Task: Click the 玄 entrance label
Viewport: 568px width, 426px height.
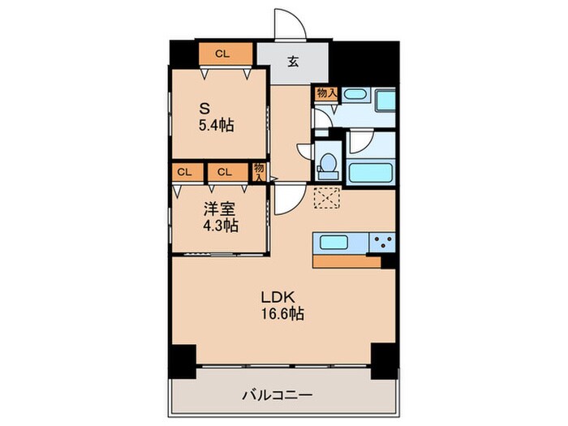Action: pos(291,60)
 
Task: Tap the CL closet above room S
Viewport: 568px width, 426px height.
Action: pos(222,54)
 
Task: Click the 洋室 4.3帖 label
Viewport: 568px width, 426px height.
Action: pos(220,217)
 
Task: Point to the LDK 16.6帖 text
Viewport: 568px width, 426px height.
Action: pos(282,304)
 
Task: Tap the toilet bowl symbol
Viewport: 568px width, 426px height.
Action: pos(329,162)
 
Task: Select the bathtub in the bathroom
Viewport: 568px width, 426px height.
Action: pos(370,173)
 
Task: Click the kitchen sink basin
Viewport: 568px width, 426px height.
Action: pos(335,242)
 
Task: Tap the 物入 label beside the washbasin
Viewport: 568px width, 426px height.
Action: pos(325,93)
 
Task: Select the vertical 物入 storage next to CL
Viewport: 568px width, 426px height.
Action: pos(259,171)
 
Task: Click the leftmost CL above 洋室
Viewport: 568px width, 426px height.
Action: pos(185,172)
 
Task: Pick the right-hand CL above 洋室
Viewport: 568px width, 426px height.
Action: pos(226,172)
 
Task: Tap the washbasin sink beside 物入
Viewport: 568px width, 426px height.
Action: pos(355,95)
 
